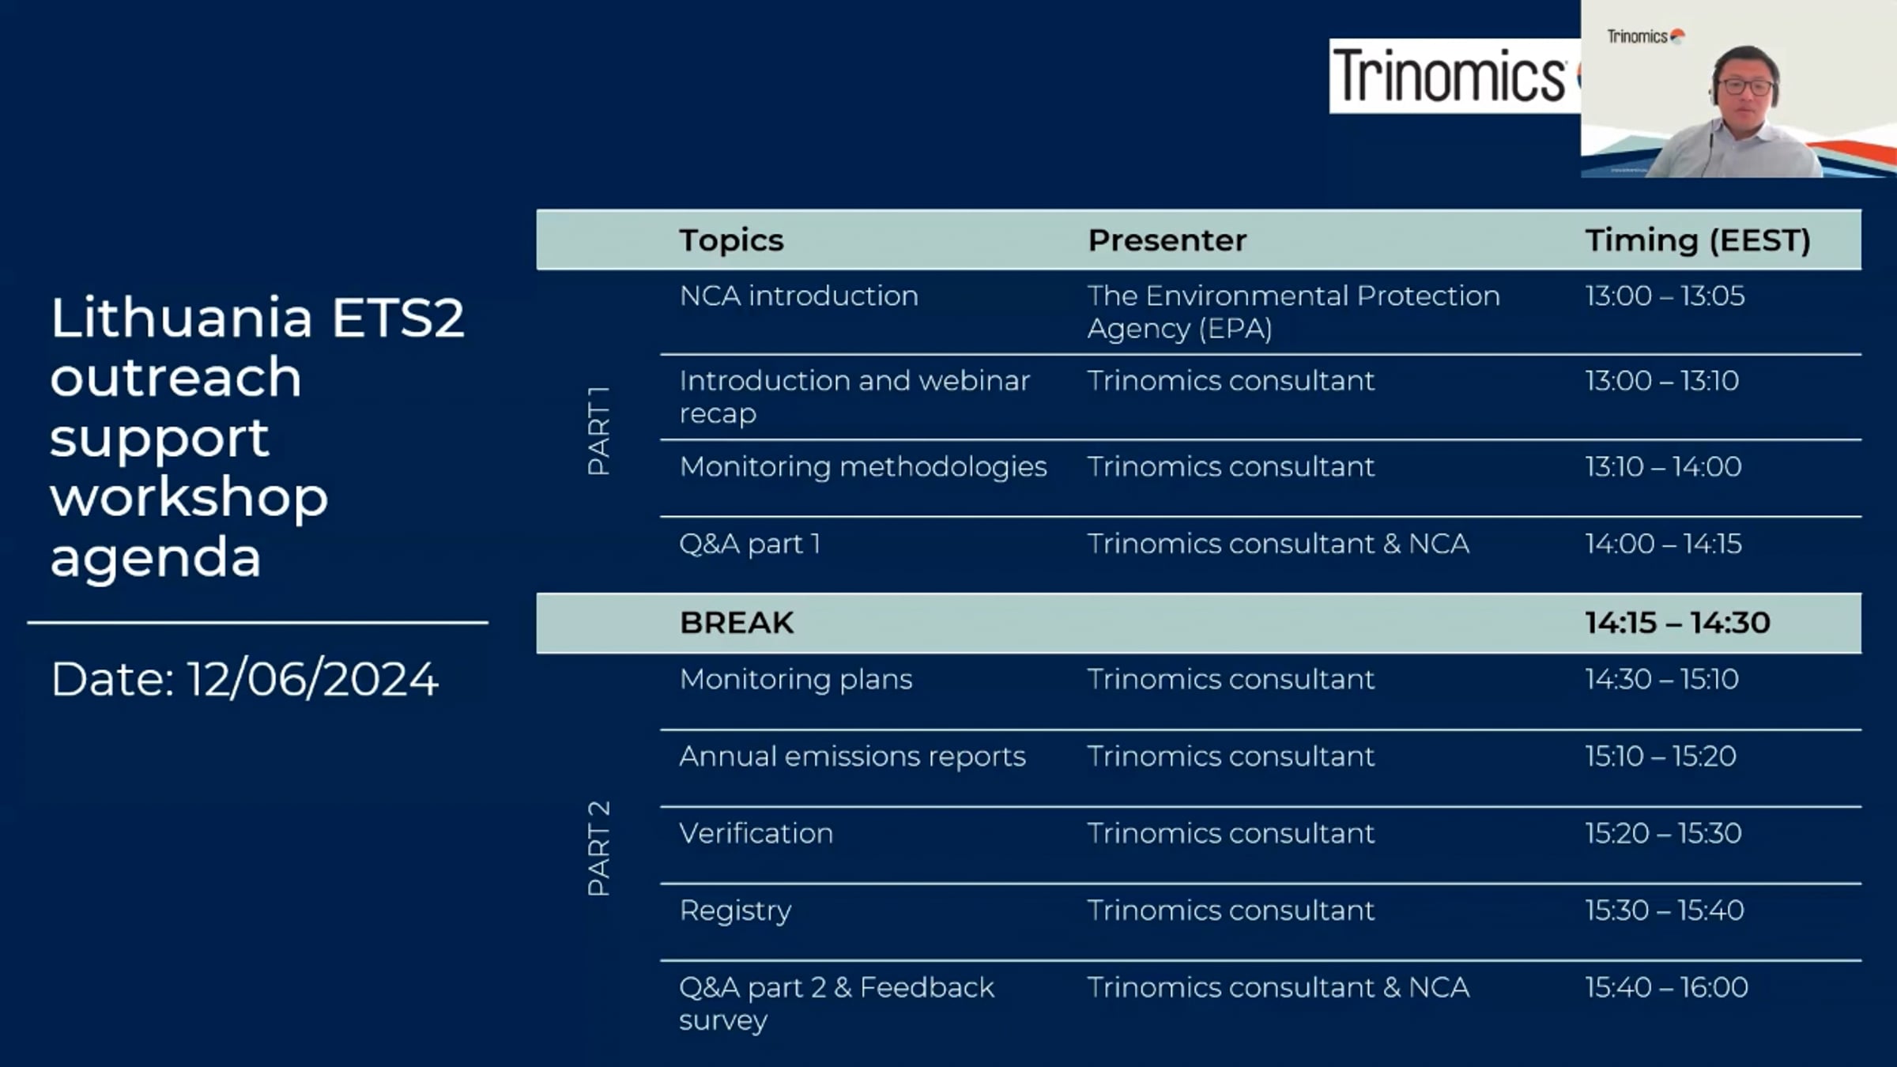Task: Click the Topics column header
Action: pyautogui.click(x=731, y=240)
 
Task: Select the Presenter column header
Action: pyautogui.click(x=1167, y=240)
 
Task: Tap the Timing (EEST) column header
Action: pyautogui.click(x=1698, y=240)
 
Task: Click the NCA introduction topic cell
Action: pyautogui.click(x=798, y=296)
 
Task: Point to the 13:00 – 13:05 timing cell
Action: pyautogui.click(x=1665, y=296)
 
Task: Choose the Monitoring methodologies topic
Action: pyautogui.click(x=863, y=467)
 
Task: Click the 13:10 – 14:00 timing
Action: pyautogui.click(x=1663, y=466)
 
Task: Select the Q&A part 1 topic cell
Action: pyautogui.click(x=749, y=544)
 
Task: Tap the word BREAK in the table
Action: pyautogui.click(x=736, y=623)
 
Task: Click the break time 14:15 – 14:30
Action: pyautogui.click(x=1677, y=623)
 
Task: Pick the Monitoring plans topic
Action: pyautogui.click(x=795, y=680)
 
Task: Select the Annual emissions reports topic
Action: pyautogui.click(x=852, y=756)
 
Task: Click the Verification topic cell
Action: pyautogui.click(x=756, y=833)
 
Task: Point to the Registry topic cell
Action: pyautogui.click(x=735, y=911)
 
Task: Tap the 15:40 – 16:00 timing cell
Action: pyautogui.click(x=1666, y=987)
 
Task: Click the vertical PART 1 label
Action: pyautogui.click(x=598, y=431)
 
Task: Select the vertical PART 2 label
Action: pyautogui.click(x=598, y=848)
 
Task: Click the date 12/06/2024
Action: pyautogui.click(x=312, y=679)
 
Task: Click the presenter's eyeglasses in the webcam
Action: pyautogui.click(x=1745, y=85)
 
